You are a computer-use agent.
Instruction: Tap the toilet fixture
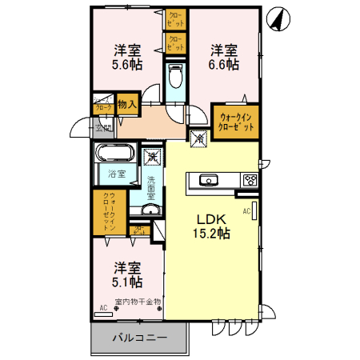tap(176, 78)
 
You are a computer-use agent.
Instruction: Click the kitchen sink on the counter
tap(210, 180)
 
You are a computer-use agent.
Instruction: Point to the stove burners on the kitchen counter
tap(250, 180)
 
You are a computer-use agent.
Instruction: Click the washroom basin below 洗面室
tap(150, 210)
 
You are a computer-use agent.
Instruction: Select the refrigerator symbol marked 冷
tap(198, 138)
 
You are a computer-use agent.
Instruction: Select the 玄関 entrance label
tap(104, 127)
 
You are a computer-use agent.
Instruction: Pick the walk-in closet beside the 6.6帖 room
tap(236, 121)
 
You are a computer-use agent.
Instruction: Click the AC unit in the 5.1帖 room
tap(104, 313)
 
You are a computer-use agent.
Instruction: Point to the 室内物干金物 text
tap(138, 302)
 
